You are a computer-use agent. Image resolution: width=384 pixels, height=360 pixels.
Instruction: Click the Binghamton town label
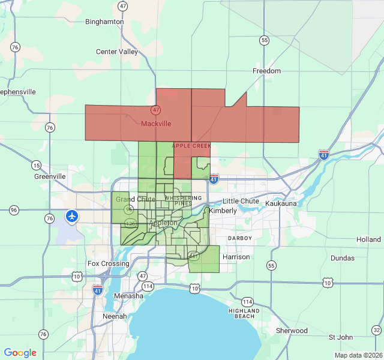(104, 22)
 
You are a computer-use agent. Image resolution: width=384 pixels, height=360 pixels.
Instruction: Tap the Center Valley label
(117, 52)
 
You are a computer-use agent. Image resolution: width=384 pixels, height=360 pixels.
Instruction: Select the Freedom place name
(266, 71)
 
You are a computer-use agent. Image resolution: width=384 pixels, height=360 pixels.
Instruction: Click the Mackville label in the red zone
(156, 124)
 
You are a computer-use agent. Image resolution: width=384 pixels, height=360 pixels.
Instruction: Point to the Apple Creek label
(192, 146)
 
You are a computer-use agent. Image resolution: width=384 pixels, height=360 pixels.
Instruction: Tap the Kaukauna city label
(281, 204)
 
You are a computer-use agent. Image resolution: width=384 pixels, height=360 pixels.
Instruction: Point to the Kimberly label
(223, 211)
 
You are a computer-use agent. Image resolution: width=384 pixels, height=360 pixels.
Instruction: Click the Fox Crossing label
(108, 263)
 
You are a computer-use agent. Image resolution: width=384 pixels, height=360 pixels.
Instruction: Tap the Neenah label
(115, 316)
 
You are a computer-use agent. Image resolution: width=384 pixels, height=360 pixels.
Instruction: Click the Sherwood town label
(292, 331)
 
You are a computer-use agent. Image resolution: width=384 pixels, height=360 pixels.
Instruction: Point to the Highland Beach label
(244, 313)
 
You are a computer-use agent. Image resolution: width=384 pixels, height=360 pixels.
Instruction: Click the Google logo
(20, 353)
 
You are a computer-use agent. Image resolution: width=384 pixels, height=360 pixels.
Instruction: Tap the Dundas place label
(343, 258)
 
